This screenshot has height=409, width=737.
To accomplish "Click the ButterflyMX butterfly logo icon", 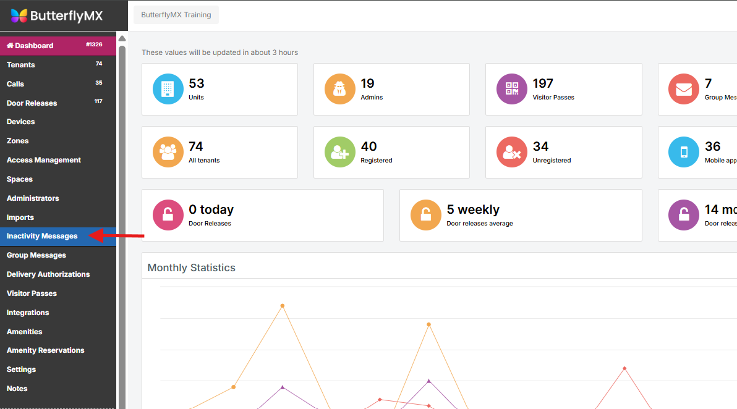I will (x=19, y=15).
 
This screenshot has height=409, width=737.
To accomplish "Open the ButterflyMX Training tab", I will (x=176, y=15).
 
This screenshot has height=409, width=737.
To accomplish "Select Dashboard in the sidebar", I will (x=30, y=46).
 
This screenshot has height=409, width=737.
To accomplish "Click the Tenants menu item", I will (x=21, y=65).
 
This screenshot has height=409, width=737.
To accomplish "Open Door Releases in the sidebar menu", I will (x=32, y=103).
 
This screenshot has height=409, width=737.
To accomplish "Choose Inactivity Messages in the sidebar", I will (x=42, y=236).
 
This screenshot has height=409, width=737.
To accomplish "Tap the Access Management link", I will (x=44, y=160).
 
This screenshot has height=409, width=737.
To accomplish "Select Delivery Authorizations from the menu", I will (x=48, y=274).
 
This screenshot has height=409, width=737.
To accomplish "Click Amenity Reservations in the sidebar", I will (x=46, y=350).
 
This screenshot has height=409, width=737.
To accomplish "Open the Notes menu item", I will (x=17, y=389).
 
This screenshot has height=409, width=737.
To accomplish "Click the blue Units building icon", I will (x=168, y=89).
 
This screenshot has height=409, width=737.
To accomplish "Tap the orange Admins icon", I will (x=340, y=89).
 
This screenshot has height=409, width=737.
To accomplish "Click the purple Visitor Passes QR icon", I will (x=512, y=89).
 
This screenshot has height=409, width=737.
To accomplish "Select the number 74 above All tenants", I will (x=196, y=146).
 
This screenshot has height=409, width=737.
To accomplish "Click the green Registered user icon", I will (x=340, y=152).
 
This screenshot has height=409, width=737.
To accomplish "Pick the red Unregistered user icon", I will (x=512, y=152).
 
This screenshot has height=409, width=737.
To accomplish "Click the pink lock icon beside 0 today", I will (x=168, y=215).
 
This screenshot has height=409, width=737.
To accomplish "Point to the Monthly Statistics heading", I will (x=192, y=268).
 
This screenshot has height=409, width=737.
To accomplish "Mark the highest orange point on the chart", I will (x=283, y=306).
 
